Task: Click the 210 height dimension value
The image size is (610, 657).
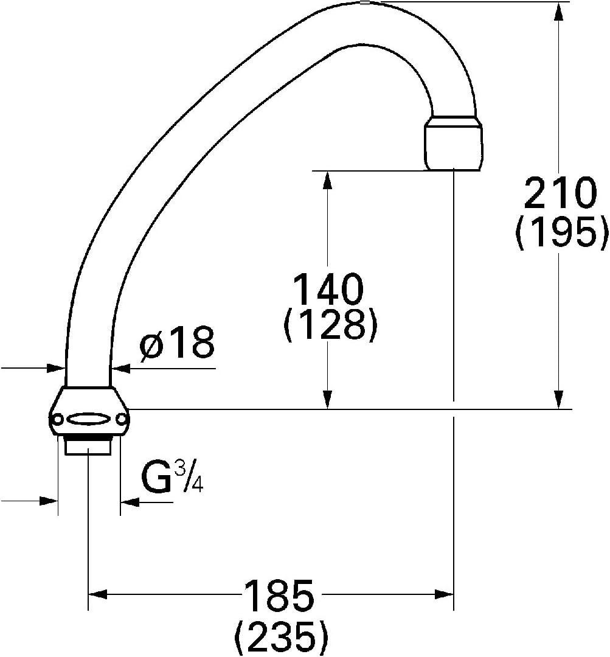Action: coord(560,193)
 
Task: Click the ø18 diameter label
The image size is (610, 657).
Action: coord(178,342)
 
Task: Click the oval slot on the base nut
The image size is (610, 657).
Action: coord(88,419)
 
